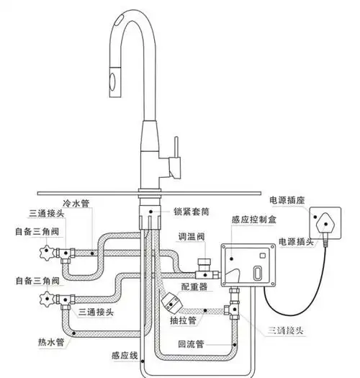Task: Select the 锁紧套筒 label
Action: point(192,212)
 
